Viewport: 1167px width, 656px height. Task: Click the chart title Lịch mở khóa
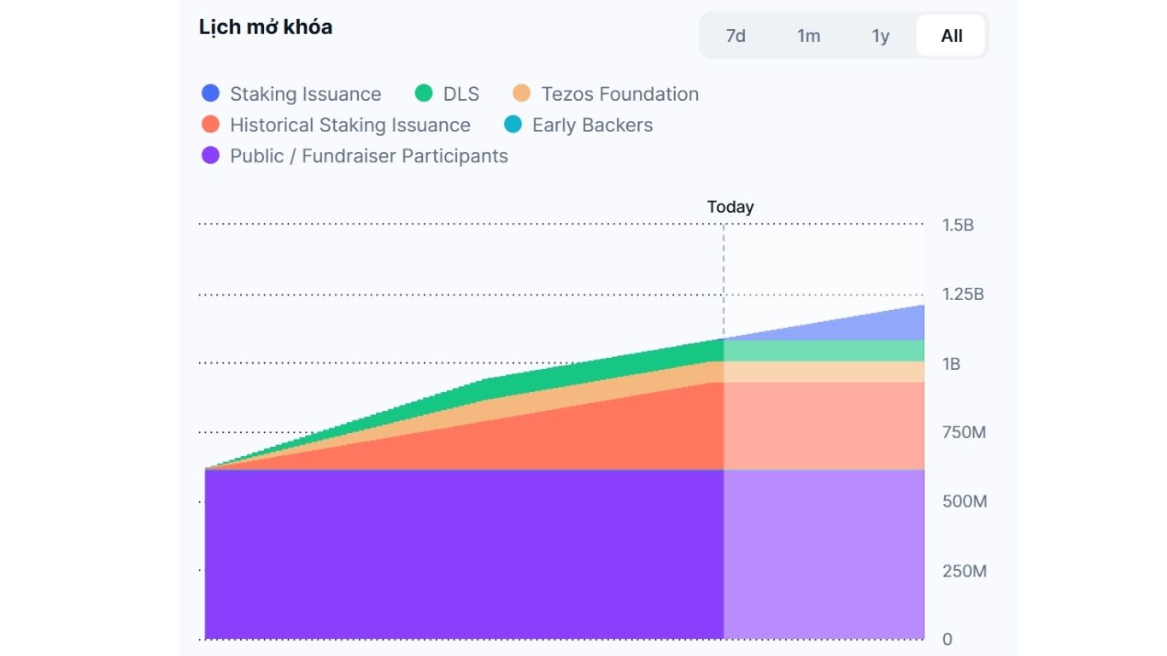click(x=266, y=27)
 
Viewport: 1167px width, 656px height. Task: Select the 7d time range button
click(x=736, y=36)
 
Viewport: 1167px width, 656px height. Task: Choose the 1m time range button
click(x=808, y=36)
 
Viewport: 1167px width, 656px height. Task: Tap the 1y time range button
click(x=881, y=36)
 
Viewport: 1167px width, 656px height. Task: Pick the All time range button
click(x=951, y=36)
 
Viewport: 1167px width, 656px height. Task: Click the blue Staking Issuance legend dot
click(x=210, y=94)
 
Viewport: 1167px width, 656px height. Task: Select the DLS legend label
click(x=461, y=94)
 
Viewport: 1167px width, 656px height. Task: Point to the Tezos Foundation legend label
click(x=619, y=94)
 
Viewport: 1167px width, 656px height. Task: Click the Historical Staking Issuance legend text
click(x=349, y=126)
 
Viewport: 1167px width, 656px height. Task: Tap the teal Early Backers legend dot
click(x=513, y=126)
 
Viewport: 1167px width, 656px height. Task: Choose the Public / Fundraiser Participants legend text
click(x=368, y=156)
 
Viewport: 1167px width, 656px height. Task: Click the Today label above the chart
click(x=730, y=207)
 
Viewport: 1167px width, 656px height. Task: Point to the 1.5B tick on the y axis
click(x=958, y=225)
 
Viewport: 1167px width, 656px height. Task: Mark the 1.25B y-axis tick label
click(x=963, y=295)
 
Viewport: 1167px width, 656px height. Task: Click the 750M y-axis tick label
click(x=964, y=432)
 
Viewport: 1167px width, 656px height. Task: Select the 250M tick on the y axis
click(x=964, y=571)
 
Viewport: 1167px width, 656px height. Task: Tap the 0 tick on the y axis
click(x=947, y=639)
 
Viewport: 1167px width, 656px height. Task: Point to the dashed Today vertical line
click(x=724, y=273)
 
